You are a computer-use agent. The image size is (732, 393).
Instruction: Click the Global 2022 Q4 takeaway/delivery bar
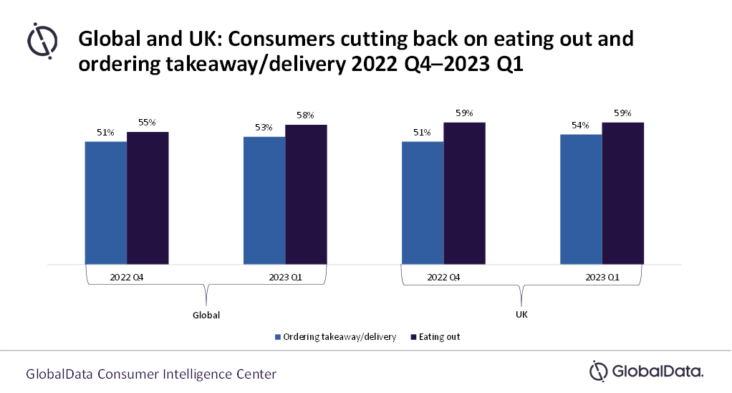point(106,203)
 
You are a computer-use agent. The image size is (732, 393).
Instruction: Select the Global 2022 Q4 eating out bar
point(148,198)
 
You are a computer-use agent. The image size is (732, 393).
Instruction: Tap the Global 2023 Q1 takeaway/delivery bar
point(264,200)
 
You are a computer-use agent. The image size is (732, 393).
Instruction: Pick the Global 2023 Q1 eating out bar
point(306,194)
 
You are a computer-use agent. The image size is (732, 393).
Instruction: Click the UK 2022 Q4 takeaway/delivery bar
point(423,203)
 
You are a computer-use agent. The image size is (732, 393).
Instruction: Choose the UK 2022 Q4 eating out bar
point(464,194)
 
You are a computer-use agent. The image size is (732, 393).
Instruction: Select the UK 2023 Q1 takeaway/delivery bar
point(581,199)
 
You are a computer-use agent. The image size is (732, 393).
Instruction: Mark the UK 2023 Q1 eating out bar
point(622,194)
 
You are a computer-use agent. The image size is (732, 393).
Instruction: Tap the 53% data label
point(263,128)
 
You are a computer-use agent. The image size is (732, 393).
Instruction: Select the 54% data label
point(579,126)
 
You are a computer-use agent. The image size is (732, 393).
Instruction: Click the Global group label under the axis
point(206,315)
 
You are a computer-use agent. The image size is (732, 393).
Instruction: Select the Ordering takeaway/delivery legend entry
point(334,336)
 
